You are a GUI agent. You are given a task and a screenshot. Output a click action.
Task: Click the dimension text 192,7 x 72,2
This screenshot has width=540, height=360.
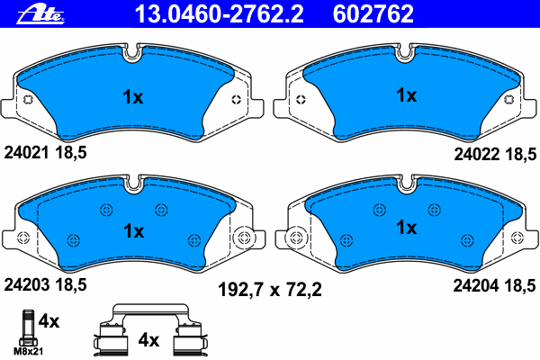(x=270, y=290)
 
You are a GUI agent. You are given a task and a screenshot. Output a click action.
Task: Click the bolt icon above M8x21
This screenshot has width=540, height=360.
(x=25, y=326)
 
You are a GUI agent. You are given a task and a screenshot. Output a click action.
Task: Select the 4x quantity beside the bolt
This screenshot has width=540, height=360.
(x=49, y=321)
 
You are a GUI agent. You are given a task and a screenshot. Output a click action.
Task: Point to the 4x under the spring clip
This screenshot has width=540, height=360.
(x=148, y=340)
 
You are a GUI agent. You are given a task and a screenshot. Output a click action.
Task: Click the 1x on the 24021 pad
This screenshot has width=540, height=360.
(x=132, y=97)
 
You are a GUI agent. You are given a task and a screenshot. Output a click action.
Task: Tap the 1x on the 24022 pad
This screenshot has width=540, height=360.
(x=406, y=94)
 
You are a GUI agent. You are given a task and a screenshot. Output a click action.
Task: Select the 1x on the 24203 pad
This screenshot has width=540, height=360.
(x=133, y=230)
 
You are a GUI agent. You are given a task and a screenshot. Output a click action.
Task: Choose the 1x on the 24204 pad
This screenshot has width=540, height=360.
(x=406, y=229)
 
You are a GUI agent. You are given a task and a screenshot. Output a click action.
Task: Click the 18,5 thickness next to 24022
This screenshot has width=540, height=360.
(x=517, y=154)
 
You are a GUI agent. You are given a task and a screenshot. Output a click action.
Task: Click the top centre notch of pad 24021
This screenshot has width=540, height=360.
(x=132, y=53)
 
